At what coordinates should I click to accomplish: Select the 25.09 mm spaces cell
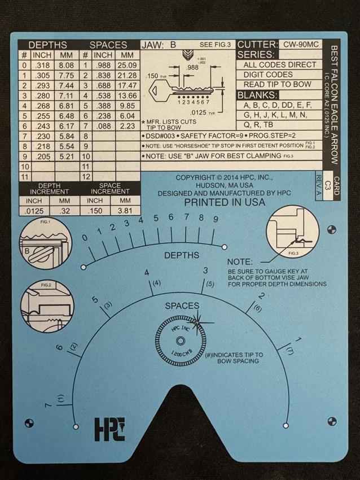[127, 66]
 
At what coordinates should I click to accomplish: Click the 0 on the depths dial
[85, 238]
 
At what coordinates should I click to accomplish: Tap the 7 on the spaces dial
[48, 405]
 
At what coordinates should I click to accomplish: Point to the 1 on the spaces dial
[298, 339]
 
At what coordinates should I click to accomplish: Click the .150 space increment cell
[96, 211]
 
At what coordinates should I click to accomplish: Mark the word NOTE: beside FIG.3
[240, 262]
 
